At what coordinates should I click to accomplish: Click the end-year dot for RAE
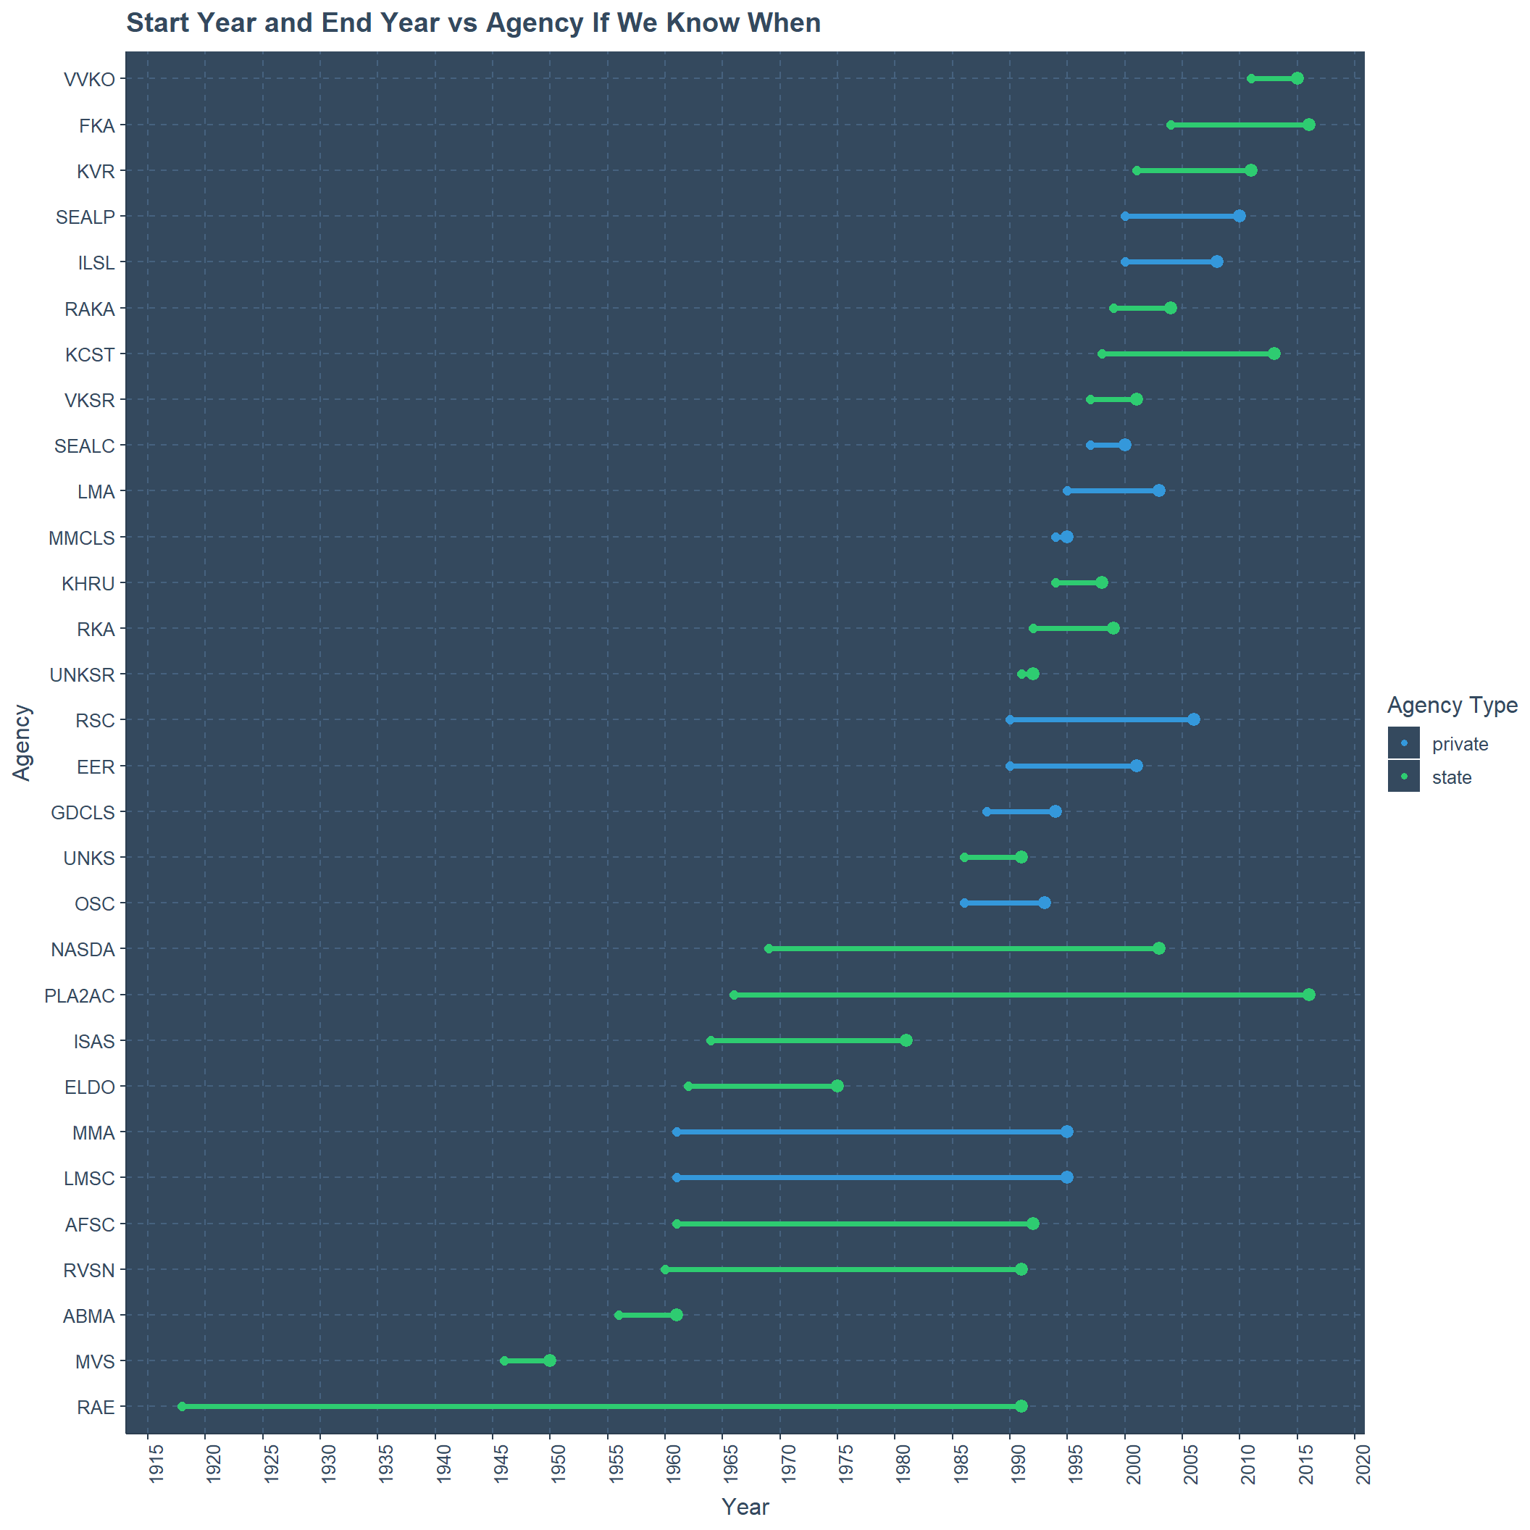(x=1021, y=1405)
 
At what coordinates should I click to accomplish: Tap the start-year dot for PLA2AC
(x=733, y=995)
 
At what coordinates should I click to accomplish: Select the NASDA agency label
(x=83, y=950)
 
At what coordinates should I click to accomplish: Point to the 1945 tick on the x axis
(x=501, y=1465)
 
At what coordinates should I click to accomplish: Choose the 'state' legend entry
(x=1452, y=777)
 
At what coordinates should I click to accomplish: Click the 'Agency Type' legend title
(x=1452, y=706)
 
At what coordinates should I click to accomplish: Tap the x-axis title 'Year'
(x=745, y=1507)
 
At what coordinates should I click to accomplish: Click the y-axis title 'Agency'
(x=22, y=743)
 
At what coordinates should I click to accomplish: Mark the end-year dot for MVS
(x=550, y=1360)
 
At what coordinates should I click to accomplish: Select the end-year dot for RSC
(x=1193, y=719)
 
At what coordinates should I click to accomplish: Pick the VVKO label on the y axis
(x=90, y=79)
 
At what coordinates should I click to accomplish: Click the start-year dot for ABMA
(x=619, y=1316)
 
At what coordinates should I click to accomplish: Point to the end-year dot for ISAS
(x=906, y=1040)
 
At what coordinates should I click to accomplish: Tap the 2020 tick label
(x=1363, y=1465)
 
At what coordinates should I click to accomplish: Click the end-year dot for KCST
(x=1274, y=354)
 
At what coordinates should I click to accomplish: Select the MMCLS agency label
(x=82, y=538)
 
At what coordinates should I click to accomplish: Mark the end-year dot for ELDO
(x=837, y=1086)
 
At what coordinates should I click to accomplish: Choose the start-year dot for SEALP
(x=1124, y=216)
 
